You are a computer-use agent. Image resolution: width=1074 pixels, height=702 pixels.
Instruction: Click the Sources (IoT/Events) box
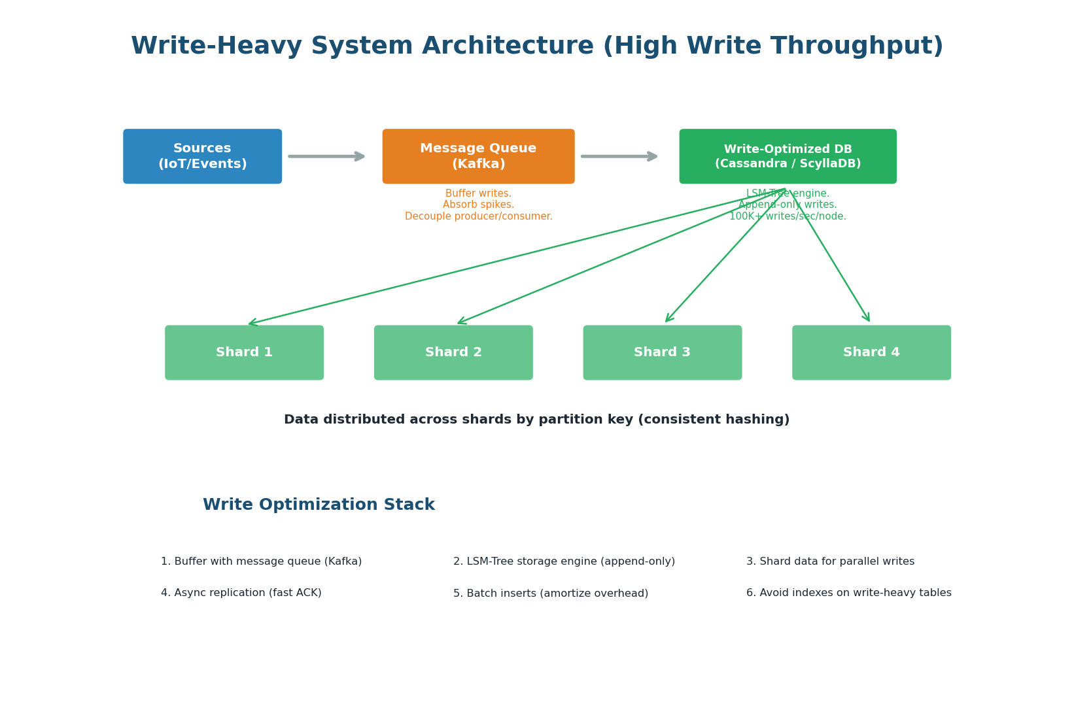click(x=202, y=156)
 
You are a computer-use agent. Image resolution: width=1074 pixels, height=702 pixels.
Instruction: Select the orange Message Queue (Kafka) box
click(x=478, y=156)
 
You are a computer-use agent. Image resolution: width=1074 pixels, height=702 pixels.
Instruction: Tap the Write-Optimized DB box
click(x=788, y=156)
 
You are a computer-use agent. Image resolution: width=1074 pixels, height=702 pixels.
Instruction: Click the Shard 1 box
click(x=244, y=352)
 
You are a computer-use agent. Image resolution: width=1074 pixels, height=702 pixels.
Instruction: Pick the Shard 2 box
click(x=453, y=352)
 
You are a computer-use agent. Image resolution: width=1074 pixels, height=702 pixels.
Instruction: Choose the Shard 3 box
click(x=662, y=352)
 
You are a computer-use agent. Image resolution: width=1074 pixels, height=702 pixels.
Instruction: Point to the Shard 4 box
click(x=871, y=352)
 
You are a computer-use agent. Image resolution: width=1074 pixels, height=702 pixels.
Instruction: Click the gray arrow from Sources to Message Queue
click(x=326, y=156)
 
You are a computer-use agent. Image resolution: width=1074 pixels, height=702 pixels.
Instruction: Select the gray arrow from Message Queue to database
click(x=618, y=156)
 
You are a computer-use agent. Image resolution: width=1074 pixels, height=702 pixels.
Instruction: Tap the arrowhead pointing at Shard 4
click(x=867, y=318)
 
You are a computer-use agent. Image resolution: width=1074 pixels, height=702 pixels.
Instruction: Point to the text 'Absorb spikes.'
click(x=478, y=205)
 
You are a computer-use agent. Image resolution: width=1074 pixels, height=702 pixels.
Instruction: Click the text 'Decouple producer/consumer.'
click(x=478, y=216)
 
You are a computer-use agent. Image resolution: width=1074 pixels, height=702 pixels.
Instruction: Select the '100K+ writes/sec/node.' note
click(x=788, y=216)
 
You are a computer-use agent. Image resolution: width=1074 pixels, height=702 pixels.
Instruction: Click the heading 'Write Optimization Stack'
click(x=319, y=505)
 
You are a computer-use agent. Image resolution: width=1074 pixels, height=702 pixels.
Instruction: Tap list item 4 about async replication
click(x=241, y=593)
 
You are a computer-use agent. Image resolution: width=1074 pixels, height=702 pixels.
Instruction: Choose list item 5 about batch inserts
click(x=550, y=593)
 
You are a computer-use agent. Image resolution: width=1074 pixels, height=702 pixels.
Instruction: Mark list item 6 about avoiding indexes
click(x=848, y=593)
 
